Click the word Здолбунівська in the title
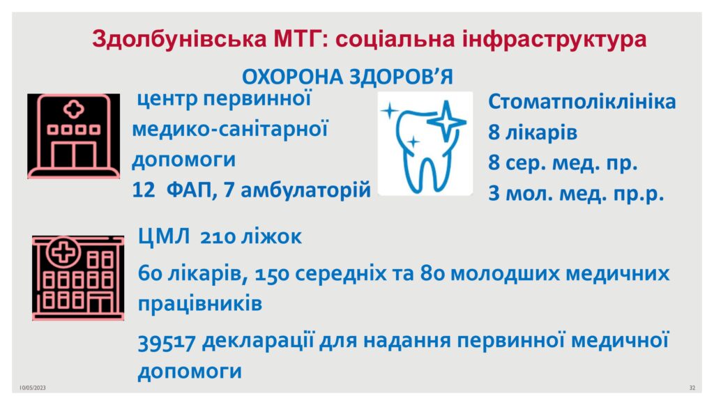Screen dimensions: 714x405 179,38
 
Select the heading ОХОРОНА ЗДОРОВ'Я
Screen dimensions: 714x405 347,77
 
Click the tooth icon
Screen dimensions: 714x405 425,144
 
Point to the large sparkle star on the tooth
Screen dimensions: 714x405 446,121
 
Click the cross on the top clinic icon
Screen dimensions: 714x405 73,109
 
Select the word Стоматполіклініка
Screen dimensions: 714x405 582,102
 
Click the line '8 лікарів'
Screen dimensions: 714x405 533,133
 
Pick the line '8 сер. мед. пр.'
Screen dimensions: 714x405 563,163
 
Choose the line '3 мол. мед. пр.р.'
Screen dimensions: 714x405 576,193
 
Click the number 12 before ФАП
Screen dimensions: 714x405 144,190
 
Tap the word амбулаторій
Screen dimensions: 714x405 305,190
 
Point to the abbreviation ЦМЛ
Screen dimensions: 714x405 163,236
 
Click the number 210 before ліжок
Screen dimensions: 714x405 218,237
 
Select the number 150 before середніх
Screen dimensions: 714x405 272,274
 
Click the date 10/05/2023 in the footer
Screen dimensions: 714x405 33,388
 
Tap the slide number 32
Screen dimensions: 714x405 692,388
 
